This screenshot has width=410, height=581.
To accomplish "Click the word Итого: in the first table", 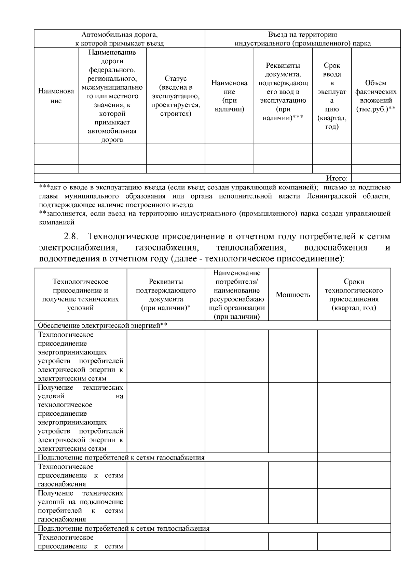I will click(x=337, y=178).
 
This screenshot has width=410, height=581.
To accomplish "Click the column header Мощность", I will click(x=293, y=295).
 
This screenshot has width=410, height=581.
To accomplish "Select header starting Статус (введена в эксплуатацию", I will click(x=176, y=96).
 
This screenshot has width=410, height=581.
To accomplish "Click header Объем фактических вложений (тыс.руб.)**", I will click(x=376, y=96).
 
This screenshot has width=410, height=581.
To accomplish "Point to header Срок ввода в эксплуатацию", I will click(x=332, y=96).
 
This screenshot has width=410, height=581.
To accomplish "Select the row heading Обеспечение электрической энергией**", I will click(x=102, y=325).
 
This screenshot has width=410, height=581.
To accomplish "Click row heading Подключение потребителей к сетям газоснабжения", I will click(x=121, y=457).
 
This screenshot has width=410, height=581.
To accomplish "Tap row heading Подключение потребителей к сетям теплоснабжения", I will click(x=123, y=528).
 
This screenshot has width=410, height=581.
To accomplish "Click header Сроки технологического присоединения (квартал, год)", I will click(x=354, y=295).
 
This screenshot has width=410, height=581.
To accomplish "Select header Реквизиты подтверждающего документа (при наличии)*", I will click(x=166, y=295).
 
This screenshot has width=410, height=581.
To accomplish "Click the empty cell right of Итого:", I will click(x=376, y=178).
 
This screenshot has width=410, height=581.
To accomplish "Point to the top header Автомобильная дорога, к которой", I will click(x=120, y=39).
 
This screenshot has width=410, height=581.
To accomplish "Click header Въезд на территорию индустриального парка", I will click(x=302, y=39).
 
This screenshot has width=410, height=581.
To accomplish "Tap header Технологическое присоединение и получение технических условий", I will click(x=81, y=295).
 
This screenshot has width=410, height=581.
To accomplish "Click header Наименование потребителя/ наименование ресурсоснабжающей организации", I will click(x=236, y=295).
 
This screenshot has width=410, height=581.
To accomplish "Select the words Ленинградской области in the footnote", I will click(x=348, y=196).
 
